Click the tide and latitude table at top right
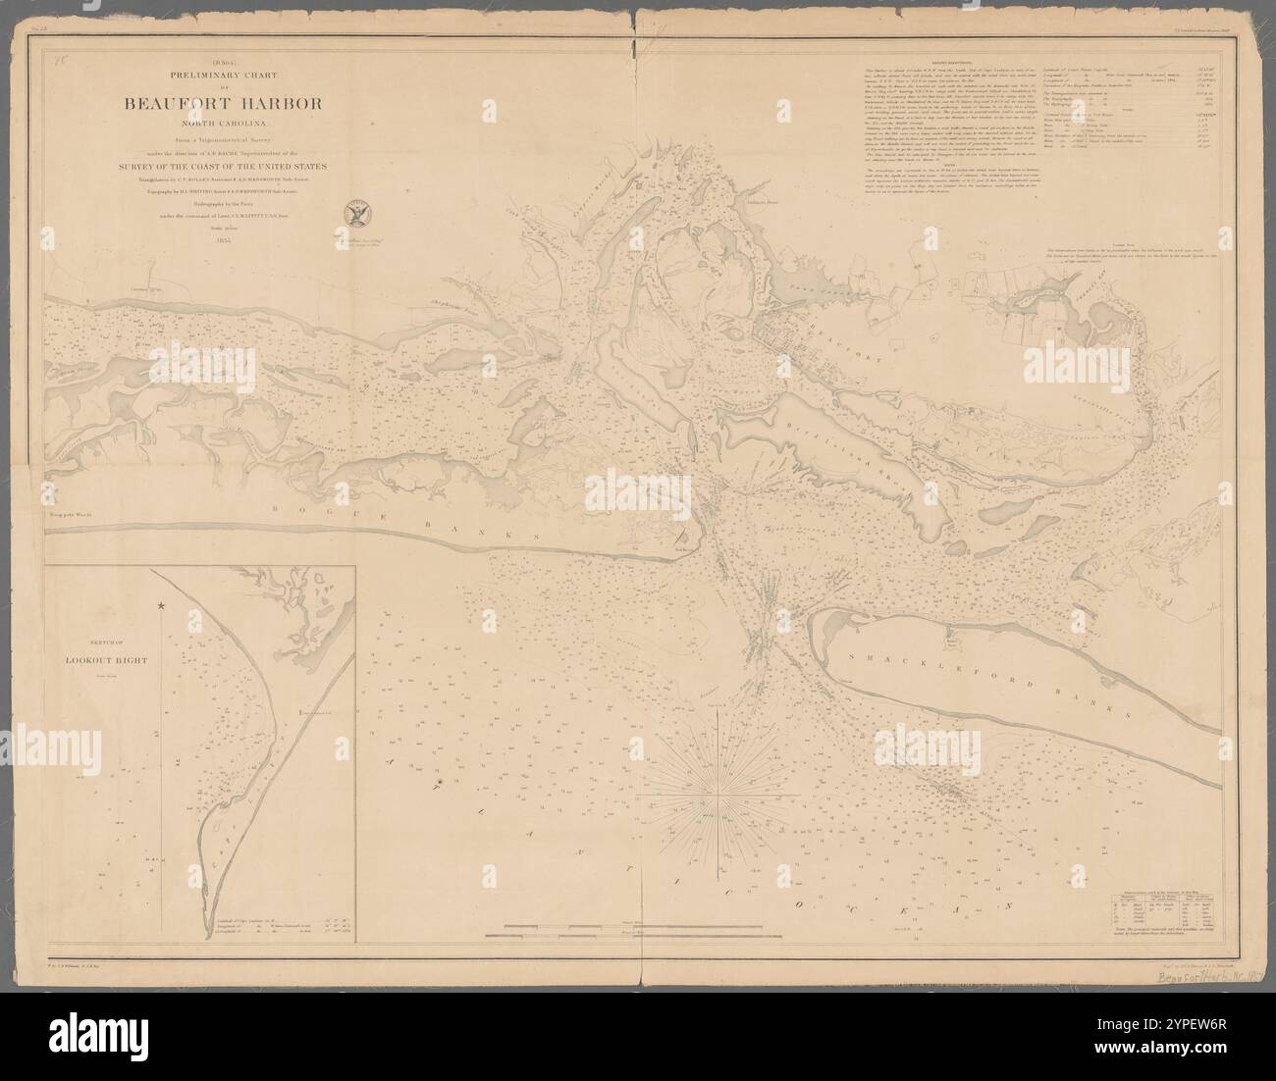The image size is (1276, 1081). point(1178,137)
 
